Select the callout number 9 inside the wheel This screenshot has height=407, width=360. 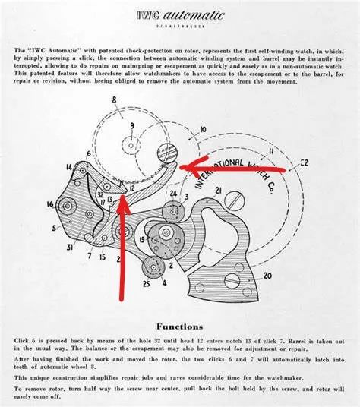[132, 125]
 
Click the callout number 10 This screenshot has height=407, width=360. [181, 131]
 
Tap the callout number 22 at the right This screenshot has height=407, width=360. [304, 162]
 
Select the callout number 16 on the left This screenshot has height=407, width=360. [51, 204]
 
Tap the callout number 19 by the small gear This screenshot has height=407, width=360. [141, 240]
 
